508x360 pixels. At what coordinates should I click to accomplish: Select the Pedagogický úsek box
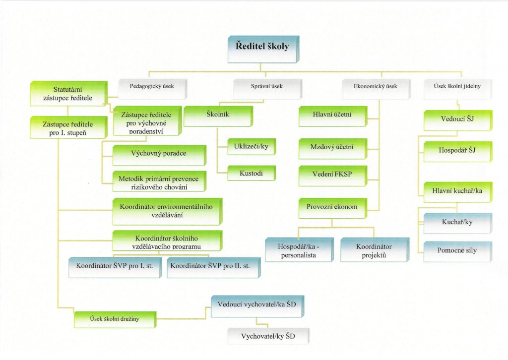pyautogui.click(x=153, y=89)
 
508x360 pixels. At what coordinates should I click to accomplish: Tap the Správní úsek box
pyautogui.click(x=267, y=89)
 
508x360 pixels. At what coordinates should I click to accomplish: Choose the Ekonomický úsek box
pyautogui.click(x=377, y=89)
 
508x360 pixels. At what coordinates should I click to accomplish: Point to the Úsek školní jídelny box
pyautogui.click(x=458, y=89)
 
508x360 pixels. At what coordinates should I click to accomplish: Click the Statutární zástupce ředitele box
pyautogui.click(x=69, y=94)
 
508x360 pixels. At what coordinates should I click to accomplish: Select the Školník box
pyautogui.click(x=218, y=116)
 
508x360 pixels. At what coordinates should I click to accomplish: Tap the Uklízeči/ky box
pyautogui.click(x=252, y=147)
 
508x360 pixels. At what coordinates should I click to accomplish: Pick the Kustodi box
pyautogui.click(x=252, y=173)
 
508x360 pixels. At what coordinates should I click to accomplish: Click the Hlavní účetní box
pyautogui.click(x=333, y=116)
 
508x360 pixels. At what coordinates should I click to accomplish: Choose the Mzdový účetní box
pyautogui.click(x=333, y=149)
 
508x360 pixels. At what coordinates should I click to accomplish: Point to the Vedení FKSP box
pyautogui.click(x=333, y=176)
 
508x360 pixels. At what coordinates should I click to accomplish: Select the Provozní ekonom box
pyautogui.click(x=333, y=208)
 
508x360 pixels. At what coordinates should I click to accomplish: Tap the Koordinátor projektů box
pyautogui.click(x=375, y=249)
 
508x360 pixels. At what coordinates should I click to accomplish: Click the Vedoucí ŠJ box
pyautogui.click(x=458, y=120)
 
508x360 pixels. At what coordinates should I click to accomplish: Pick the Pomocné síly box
pyautogui.click(x=458, y=251)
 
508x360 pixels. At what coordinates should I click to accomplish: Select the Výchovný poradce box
pyautogui.click(x=160, y=155)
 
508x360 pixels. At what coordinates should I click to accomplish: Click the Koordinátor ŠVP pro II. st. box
pyautogui.click(x=214, y=268)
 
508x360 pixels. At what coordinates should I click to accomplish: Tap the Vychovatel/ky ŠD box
pyautogui.click(x=268, y=336)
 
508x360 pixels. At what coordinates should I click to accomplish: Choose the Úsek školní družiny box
pyautogui.click(x=115, y=319)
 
